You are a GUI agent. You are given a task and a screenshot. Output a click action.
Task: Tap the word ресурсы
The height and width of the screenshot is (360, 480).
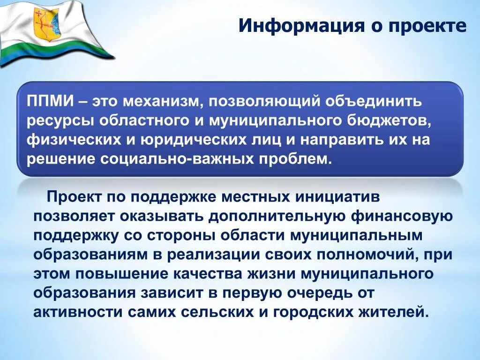[x=60, y=121]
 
